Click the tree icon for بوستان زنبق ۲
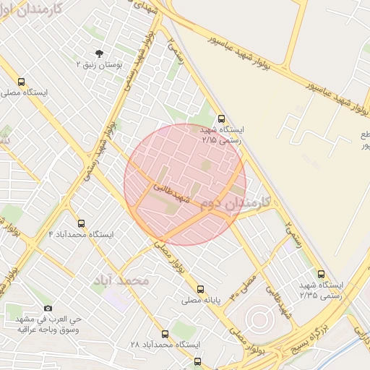click(x=99, y=53)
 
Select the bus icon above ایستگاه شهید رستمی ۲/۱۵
click(x=221, y=119)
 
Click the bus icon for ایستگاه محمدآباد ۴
click(x=81, y=223)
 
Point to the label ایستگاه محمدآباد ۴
click(x=81, y=235)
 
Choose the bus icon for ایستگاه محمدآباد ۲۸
click(x=165, y=334)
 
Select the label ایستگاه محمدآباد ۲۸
click(x=165, y=345)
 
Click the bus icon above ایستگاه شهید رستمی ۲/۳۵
click(x=322, y=273)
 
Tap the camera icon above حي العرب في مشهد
click(x=48, y=308)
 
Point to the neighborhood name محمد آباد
click(x=121, y=280)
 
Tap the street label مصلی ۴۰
click(x=244, y=286)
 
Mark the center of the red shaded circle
click(x=185, y=184)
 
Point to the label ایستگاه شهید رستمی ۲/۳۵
click(x=322, y=290)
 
